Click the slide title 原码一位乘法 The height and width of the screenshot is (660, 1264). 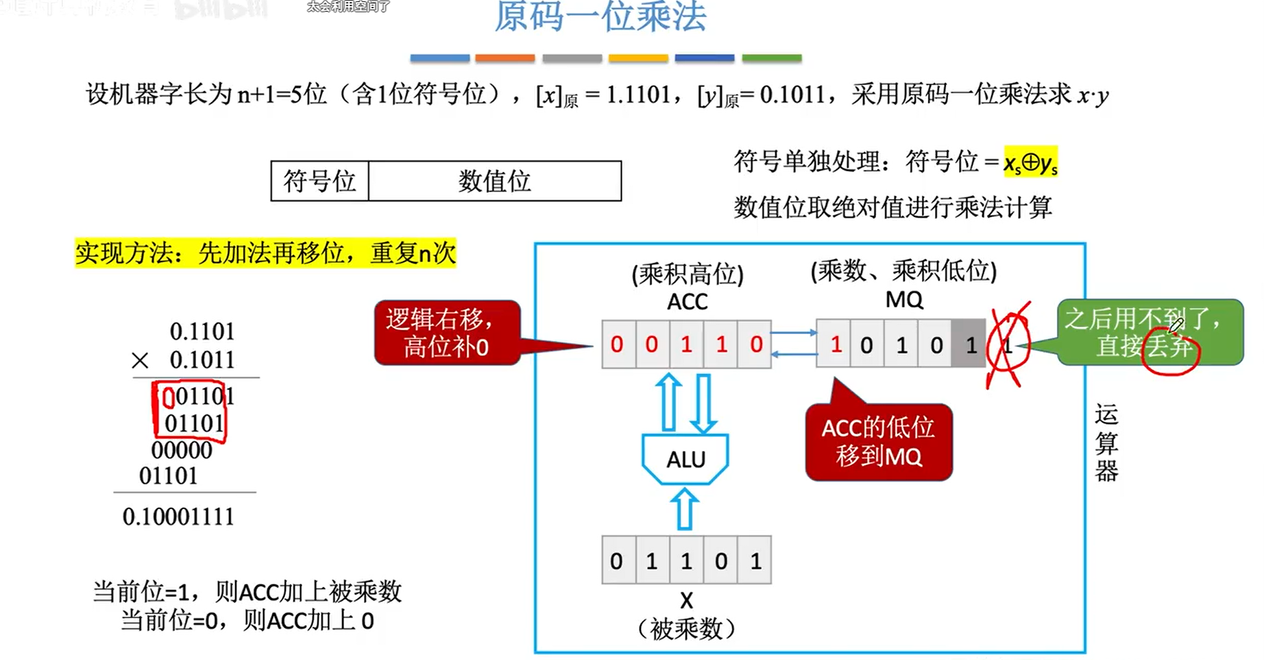pos(600,16)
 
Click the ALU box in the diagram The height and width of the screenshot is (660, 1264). pos(685,459)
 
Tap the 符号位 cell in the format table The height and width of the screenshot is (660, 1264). pos(319,181)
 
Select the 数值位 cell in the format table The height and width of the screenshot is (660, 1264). pos(494,181)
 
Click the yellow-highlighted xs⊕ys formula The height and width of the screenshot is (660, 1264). pos(1030,163)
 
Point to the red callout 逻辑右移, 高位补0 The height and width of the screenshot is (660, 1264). pos(446,333)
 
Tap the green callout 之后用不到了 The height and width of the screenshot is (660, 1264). pos(1150,332)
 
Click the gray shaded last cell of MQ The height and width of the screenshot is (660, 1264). pos(969,344)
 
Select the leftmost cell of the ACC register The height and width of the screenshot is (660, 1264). pos(617,344)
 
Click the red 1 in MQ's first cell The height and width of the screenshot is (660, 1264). pos(835,344)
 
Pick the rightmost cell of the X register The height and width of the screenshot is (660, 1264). pos(755,561)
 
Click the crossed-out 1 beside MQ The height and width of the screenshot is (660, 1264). pos(1008,344)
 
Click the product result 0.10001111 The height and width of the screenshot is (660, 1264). pos(178,517)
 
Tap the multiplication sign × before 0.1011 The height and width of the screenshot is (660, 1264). pos(140,360)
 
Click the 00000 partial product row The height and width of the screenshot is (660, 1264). pos(182,451)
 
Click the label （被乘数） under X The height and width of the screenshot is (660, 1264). pos(686,628)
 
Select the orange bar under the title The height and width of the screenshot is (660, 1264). pos(505,58)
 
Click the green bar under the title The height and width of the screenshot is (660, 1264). pos(771,58)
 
